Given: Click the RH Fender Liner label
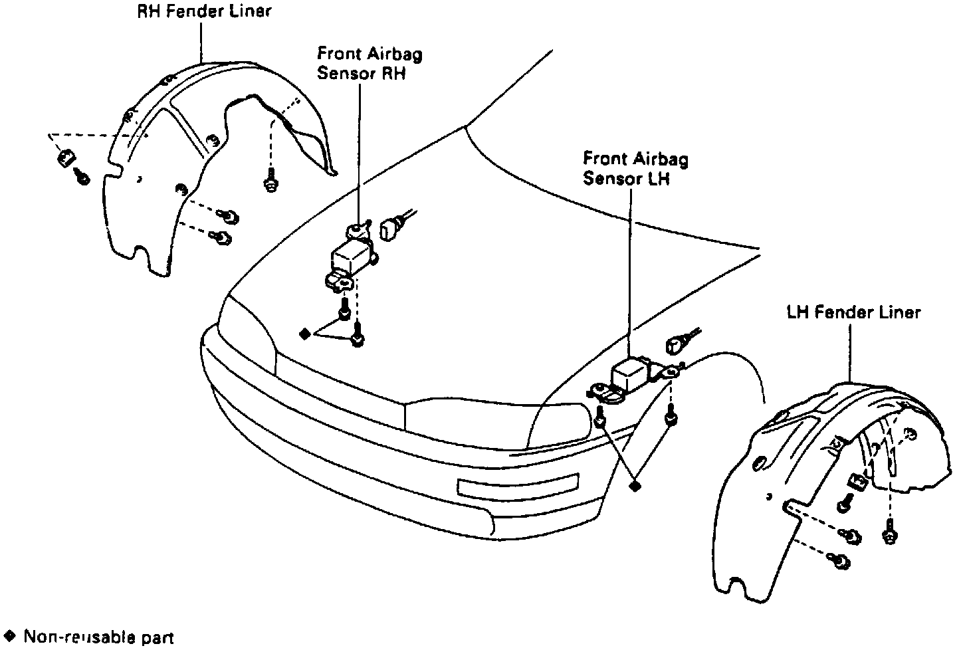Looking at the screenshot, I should (x=200, y=11).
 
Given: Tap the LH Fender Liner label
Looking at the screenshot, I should (x=854, y=312).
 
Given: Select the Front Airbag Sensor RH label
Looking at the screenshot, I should (x=370, y=62).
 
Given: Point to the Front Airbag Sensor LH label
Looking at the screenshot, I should (x=635, y=169).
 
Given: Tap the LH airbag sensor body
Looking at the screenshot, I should (x=631, y=374).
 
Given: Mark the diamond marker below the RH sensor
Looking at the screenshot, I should (x=304, y=334).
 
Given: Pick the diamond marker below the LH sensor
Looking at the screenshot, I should (x=636, y=486).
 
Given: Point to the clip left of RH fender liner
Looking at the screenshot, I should (x=65, y=159).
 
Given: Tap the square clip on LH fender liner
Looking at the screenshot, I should (x=857, y=482).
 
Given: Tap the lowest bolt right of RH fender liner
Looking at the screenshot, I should (x=224, y=238).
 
